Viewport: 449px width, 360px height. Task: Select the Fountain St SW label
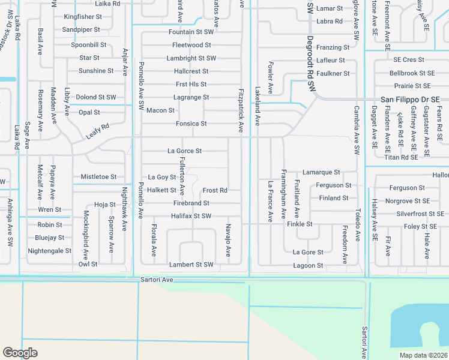pos(191,32)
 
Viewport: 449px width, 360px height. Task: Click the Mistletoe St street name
pos(98,177)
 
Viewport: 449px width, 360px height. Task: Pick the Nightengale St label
pos(49,251)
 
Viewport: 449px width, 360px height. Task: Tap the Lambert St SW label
pos(191,265)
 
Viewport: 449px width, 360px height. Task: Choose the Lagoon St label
pos(308,265)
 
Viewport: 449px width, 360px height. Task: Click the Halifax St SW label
pos(191,216)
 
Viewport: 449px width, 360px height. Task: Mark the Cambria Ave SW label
pos(356,131)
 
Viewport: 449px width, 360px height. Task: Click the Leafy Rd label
pos(97,131)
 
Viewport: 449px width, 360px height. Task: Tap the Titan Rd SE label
pos(401,157)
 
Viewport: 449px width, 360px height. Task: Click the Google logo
pos(20,353)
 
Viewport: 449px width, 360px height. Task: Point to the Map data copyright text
pos(423,355)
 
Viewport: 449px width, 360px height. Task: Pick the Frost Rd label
pos(214,190)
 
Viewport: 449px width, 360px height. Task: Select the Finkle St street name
pos(300,224)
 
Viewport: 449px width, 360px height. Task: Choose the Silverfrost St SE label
pos(420,214)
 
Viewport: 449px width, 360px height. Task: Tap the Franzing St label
pos(333,47)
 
